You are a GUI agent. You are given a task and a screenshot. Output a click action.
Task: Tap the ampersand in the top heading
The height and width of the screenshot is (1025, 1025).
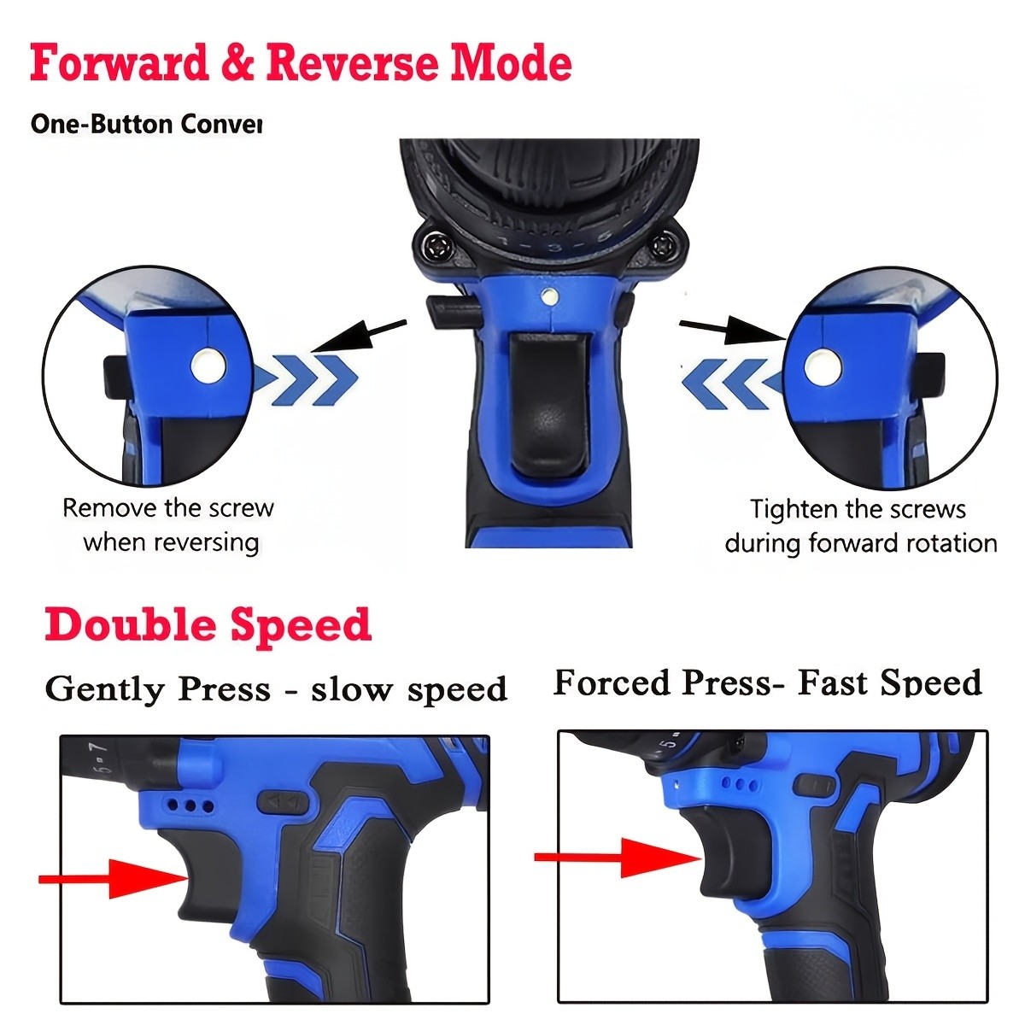[x=235, y=64]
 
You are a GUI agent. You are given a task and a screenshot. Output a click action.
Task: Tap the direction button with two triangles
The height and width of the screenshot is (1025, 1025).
[x=283, y=803]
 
